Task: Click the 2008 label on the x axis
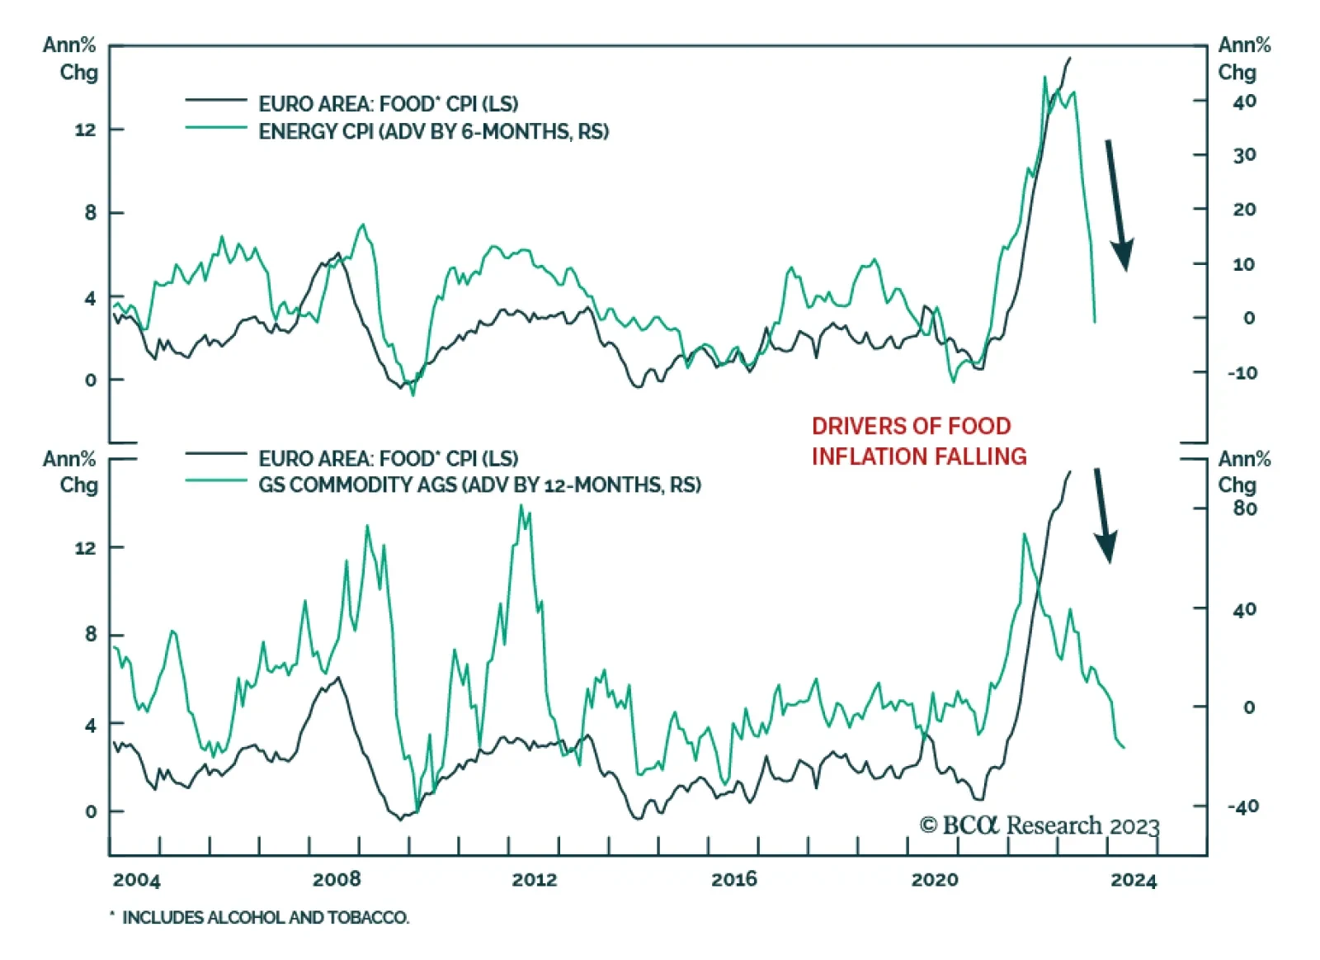336,879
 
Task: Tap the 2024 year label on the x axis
1134,880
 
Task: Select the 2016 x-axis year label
734,879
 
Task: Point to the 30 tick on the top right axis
1244,155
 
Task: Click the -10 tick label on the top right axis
1242,372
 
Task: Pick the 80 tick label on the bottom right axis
1245,508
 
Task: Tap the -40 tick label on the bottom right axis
1242,806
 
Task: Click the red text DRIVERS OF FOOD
911,426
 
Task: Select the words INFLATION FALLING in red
919,456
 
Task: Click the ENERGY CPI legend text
433,132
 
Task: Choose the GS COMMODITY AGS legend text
479,485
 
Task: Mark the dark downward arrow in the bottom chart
1103,516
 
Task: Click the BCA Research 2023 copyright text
1039,825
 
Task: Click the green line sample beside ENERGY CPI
216,128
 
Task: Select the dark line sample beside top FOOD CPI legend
216,100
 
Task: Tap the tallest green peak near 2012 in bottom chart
521,506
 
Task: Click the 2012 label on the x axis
535,879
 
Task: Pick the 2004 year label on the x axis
136,880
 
